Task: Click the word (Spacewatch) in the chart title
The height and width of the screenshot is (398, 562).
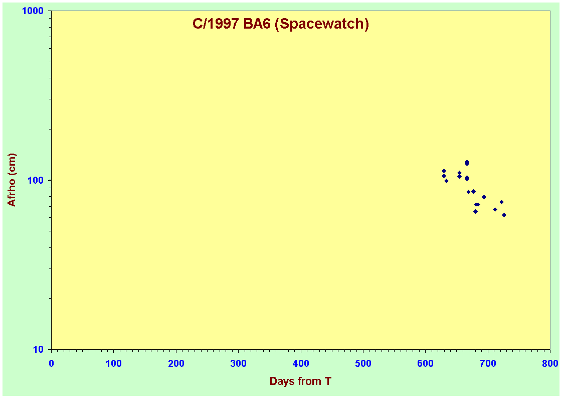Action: coord(322,24)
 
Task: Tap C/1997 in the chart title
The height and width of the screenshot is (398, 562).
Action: coord(216,24)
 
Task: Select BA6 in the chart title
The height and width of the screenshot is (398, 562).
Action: coord(257,24)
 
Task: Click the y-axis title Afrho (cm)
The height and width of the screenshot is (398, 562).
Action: coord(12,180)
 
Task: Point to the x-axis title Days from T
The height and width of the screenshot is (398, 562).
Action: coord(300,381)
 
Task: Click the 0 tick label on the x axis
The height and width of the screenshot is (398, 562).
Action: coord(51,363)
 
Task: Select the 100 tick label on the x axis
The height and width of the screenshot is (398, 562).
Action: coord(114,363)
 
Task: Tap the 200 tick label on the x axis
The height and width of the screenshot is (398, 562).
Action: coord(176,363)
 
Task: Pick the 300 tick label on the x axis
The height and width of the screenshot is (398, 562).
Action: coord(238,363)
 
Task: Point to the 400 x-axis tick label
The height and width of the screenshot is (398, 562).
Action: coord(301,363)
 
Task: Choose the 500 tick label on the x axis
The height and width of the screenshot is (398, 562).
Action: coord(363,363)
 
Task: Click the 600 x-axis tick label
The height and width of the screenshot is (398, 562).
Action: coord(426,363)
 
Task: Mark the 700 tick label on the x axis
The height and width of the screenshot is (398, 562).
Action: coord(488,363)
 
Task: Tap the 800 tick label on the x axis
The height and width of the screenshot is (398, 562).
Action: coord(550,363)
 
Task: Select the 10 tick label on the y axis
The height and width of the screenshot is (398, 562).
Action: coord(38,349)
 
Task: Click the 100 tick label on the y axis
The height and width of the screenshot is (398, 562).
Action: coord(36,180)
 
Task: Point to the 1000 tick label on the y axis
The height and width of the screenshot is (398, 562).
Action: coord(33,11)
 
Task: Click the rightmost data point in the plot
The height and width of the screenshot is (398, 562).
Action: coord(504,215)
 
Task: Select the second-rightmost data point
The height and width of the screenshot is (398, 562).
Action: coord(501,202)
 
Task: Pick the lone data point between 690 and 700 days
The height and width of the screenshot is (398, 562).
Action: coord(484,197)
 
